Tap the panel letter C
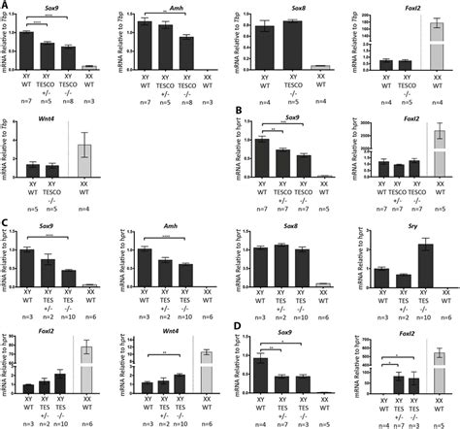pos(7,224)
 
